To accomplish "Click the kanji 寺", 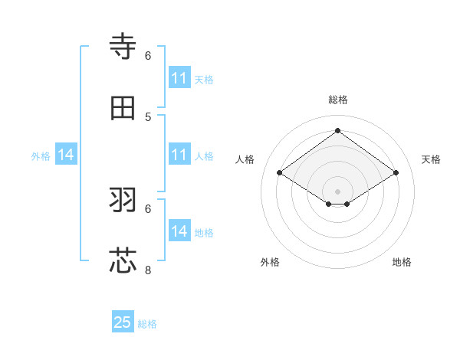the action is click(123, 47).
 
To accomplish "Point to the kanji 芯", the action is click(123, 260).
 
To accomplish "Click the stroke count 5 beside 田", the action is click(148, 116).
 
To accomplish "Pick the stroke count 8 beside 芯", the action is click(148, 270).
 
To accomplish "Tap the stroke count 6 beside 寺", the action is click(148, 55).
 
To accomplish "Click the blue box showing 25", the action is click(123, 322).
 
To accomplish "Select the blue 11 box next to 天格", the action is click(179, 78).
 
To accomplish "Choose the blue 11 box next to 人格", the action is click(179, 155).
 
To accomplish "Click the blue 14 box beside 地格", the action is click(179, 231).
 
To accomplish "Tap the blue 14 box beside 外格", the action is click(66, 155).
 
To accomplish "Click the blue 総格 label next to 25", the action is click(147, 324).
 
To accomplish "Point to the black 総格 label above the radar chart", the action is click(337, 100).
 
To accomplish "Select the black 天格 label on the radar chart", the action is click(431, 159).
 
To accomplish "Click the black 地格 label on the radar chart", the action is click(402, 262).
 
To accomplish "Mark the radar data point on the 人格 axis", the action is click(279, 173).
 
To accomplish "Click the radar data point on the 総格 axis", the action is click(337, 131).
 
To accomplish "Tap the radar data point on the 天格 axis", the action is click(396, 173).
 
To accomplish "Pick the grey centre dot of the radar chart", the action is click(337, 191).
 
